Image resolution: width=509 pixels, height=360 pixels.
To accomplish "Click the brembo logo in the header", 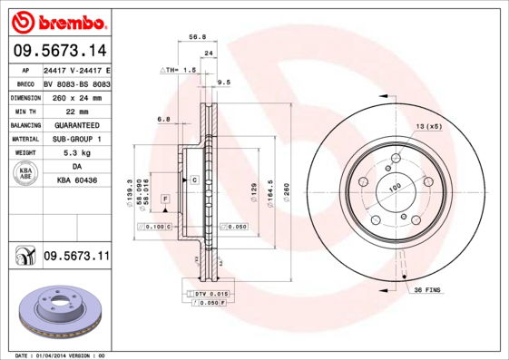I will (x=59, y=20).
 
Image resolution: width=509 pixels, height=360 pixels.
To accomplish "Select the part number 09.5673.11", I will (x=76, y=257).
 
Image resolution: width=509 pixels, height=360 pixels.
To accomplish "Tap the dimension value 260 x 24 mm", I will (x=74, y=96).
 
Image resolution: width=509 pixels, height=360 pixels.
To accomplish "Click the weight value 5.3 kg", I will (x=74, y=153).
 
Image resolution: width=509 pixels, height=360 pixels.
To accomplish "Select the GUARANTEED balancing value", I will (x=74, y=124).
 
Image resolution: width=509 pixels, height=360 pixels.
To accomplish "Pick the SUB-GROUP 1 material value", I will (x=74, y=139).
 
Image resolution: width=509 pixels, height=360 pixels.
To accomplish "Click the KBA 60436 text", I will (x=74, y=181).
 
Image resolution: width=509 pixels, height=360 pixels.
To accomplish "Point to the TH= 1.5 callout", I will (x=180, y=69).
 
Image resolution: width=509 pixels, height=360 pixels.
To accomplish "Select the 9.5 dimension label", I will (x=224, y=82).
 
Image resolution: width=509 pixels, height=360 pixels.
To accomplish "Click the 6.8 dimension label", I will (x=163, y=119).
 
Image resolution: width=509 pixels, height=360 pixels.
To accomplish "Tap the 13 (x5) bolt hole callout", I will (x=428, y=126).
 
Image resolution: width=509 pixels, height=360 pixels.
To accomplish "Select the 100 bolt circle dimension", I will (x=395, y=188).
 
